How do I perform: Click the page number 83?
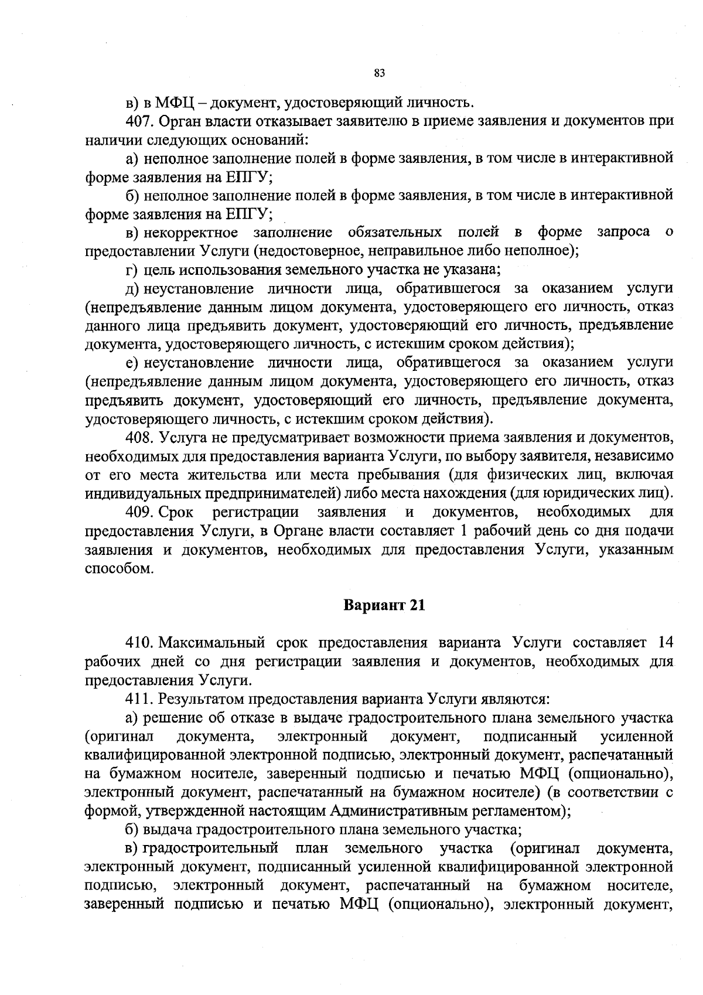(378, 73)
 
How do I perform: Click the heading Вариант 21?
(383, 605)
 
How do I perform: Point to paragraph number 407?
(139, 121)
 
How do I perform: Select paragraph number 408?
(139, 437)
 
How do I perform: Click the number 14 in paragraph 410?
(664, 643)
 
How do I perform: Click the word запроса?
(623, 233)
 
